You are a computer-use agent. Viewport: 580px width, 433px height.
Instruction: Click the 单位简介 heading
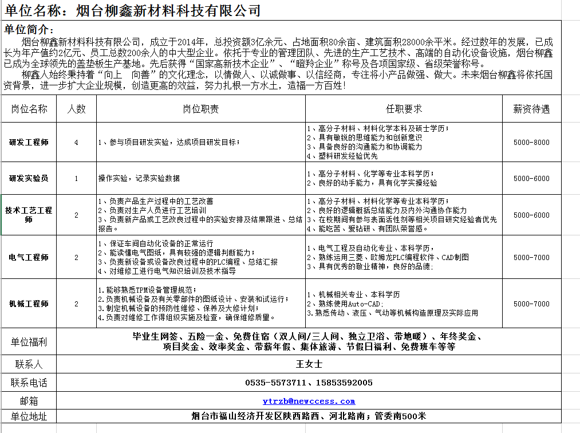pyautogui.click(x=29, y=30)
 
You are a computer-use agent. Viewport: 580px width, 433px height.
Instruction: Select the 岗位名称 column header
pyautogui.click(x=29, y=109)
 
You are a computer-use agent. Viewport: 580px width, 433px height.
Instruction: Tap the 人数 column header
pyautogui.click(x=77, y=109)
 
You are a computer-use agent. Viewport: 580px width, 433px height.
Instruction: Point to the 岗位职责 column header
pyautogui.click(x=200, y=109)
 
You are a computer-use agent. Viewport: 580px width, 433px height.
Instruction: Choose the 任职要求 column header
pyautogui.click(x=404, y=109)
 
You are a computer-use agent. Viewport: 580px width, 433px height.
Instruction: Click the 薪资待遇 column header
pyautogui.click(x=531, y=109)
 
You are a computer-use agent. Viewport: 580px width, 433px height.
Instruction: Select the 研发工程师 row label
pyautogui.click(x=29, y=142)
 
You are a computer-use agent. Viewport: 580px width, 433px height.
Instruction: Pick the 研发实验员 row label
pyautogui.click(x=29, y=178)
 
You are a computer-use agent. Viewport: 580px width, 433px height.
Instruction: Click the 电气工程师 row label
pyautogui.click(x=29, y=257)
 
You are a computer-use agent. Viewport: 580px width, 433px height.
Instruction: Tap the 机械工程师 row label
pyautogui.click(x=29, y=304)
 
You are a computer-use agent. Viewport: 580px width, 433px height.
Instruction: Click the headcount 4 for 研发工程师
pyautogui.click(x=77, y=142)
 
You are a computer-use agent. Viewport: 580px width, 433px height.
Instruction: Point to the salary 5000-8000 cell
pyautogui.click(x=531, y=142)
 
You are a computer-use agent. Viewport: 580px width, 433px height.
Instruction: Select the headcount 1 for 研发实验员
pyautogui.click(x=77, y=178)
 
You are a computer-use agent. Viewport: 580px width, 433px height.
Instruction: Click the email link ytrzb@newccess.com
pyautogui.click(x=309, y=401)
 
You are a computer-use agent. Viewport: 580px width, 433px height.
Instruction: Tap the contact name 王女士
pyautogui.click(x=309, y=364)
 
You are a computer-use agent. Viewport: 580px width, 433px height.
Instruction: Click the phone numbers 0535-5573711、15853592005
pyautogui.click(x=309, y=383)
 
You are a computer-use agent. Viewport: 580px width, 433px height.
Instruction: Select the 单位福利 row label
pyautogui.click(x=29, y=342)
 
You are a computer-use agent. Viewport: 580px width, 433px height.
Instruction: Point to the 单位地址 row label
pyautogui.click(x=29, y=416)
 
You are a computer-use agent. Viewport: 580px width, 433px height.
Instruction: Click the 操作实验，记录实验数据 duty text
pyautogui.click(x=139, y=178)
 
